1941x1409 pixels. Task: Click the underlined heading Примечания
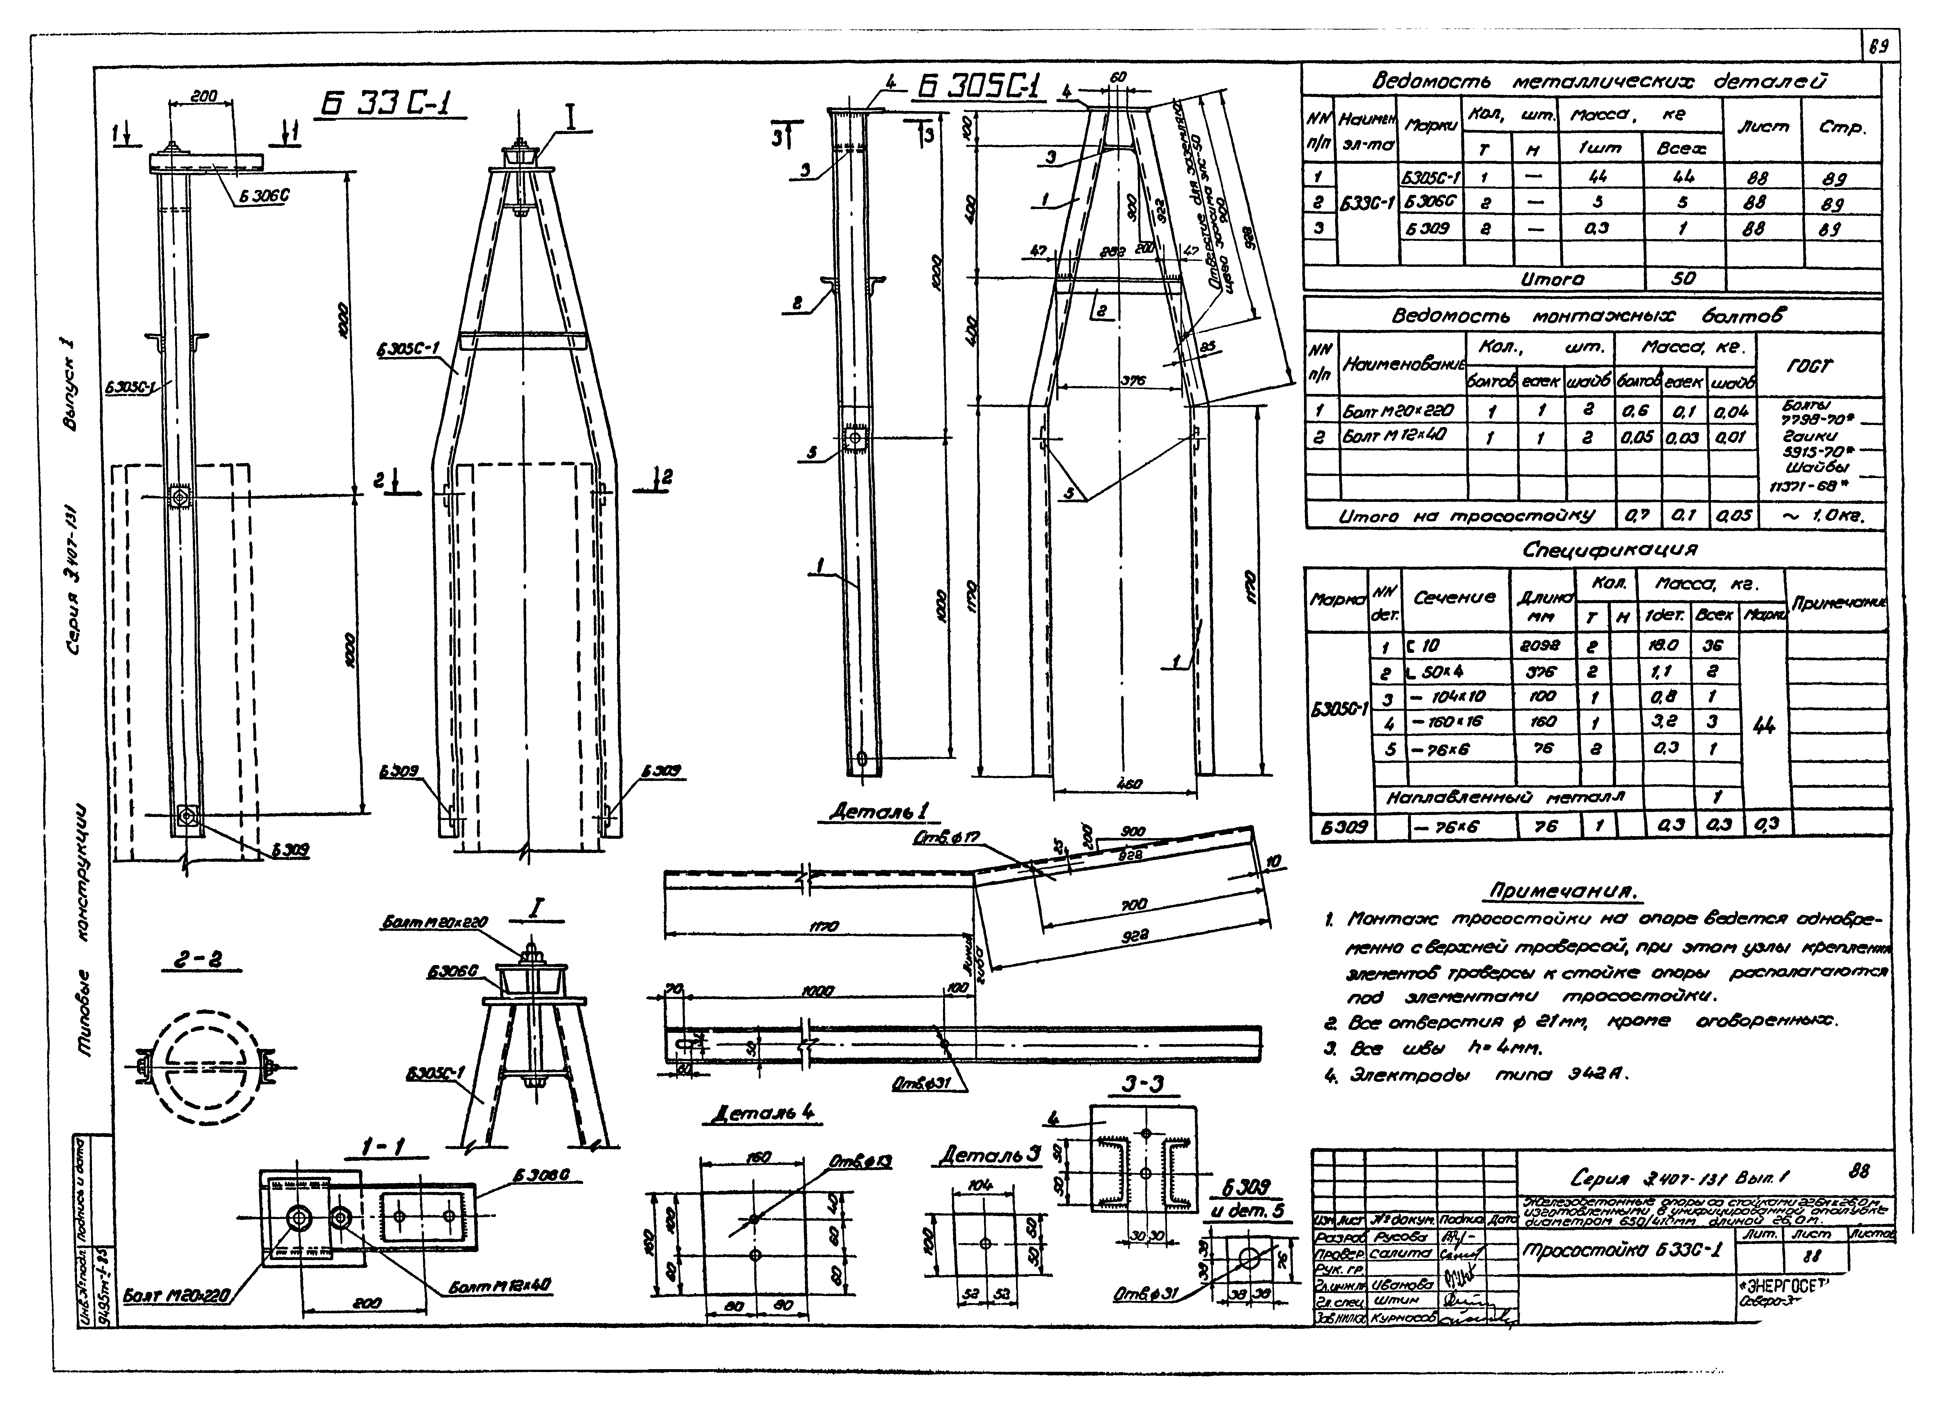tap(1563, 892)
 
